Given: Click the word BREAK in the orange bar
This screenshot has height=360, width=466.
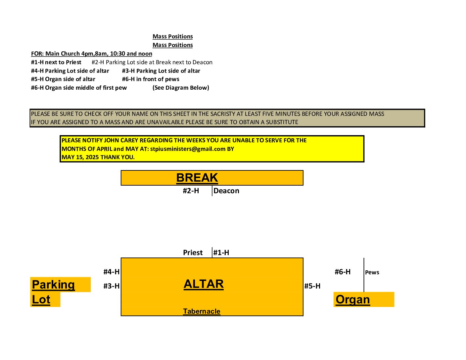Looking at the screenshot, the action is pyautogui.click(x=197, y=178).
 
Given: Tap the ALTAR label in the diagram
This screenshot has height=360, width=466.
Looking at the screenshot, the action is pyautogui.click(x=204, y=284).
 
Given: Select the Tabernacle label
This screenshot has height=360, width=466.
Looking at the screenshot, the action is pyautogui.click(x=202, y=311).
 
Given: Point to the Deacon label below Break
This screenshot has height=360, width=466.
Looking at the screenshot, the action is pyautogui.click(x=226, y=191).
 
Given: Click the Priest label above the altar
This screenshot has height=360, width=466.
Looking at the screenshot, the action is pyautogui.click(x=193, y=252).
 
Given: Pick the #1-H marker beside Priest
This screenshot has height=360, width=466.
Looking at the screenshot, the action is pyautogui.click(x=221, y=252).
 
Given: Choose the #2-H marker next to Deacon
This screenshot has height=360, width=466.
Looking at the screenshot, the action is pyautogui.click(x=191, y=191).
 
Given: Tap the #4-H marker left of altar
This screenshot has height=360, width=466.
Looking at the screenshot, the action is pyautogui.click(x=112, y=272).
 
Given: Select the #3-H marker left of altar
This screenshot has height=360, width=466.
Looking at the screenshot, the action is pyautogui.click(x=112, y=286).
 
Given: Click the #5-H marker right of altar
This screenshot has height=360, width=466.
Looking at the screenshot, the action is pyautogui.click(x=312, y=286).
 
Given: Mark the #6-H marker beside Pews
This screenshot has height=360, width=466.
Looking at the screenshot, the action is pyautogui.click(x=343, y=272).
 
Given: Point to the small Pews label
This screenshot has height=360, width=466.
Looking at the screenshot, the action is pyautogui.click(x=372, y=272).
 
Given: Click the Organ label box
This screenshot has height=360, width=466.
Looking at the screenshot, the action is pyautogui.click(x=364, y=299).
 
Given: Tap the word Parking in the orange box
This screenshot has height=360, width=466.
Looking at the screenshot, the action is pyautogui.click(x=53, y=285).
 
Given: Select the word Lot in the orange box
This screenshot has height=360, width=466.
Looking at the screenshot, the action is pyautogui.click(x=41, y=299).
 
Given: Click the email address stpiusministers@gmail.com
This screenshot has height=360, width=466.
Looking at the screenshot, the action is pyautogui.click(x=188, y=149).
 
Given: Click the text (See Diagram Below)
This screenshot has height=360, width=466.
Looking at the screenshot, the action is pyautogui.click(x=181, y=88).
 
